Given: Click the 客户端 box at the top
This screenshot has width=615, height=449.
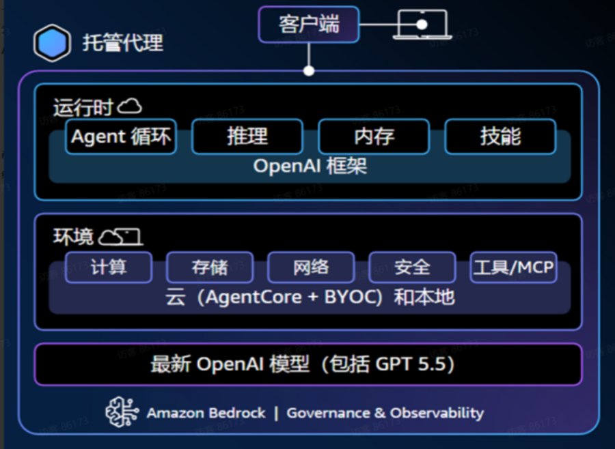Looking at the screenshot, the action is pos(309,25).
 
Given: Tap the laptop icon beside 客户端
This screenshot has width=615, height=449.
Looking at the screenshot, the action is pos(422,25).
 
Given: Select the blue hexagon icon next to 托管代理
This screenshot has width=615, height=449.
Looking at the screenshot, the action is pos(52,43).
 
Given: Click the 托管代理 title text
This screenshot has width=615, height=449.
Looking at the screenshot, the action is pos(123,43).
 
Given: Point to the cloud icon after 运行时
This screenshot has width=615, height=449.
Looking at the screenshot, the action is pos(129,106).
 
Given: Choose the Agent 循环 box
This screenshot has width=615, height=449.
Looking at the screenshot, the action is pos(121,136).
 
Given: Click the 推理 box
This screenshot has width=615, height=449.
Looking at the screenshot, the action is pos(247,136).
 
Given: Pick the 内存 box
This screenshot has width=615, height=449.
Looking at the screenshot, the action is pos(374,136).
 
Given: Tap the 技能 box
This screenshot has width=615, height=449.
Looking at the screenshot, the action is pos(500,136).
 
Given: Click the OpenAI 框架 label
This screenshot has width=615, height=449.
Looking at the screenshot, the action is pos(310,166).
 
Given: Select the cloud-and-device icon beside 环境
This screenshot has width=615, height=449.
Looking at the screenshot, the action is pos(120,237).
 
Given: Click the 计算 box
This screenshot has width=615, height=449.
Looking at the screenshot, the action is pos(109,267).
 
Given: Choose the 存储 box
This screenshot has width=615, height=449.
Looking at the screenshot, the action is pos(210,267).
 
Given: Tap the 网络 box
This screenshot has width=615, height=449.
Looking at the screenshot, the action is pos(311,267).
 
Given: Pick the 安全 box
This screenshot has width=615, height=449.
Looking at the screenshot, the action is pos(412,267).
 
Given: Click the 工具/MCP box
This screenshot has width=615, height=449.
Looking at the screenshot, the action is pos(513,267).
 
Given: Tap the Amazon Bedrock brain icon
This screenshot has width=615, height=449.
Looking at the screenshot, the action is pos(122,412).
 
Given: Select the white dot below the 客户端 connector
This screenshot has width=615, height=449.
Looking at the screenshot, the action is pos(309,71).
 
